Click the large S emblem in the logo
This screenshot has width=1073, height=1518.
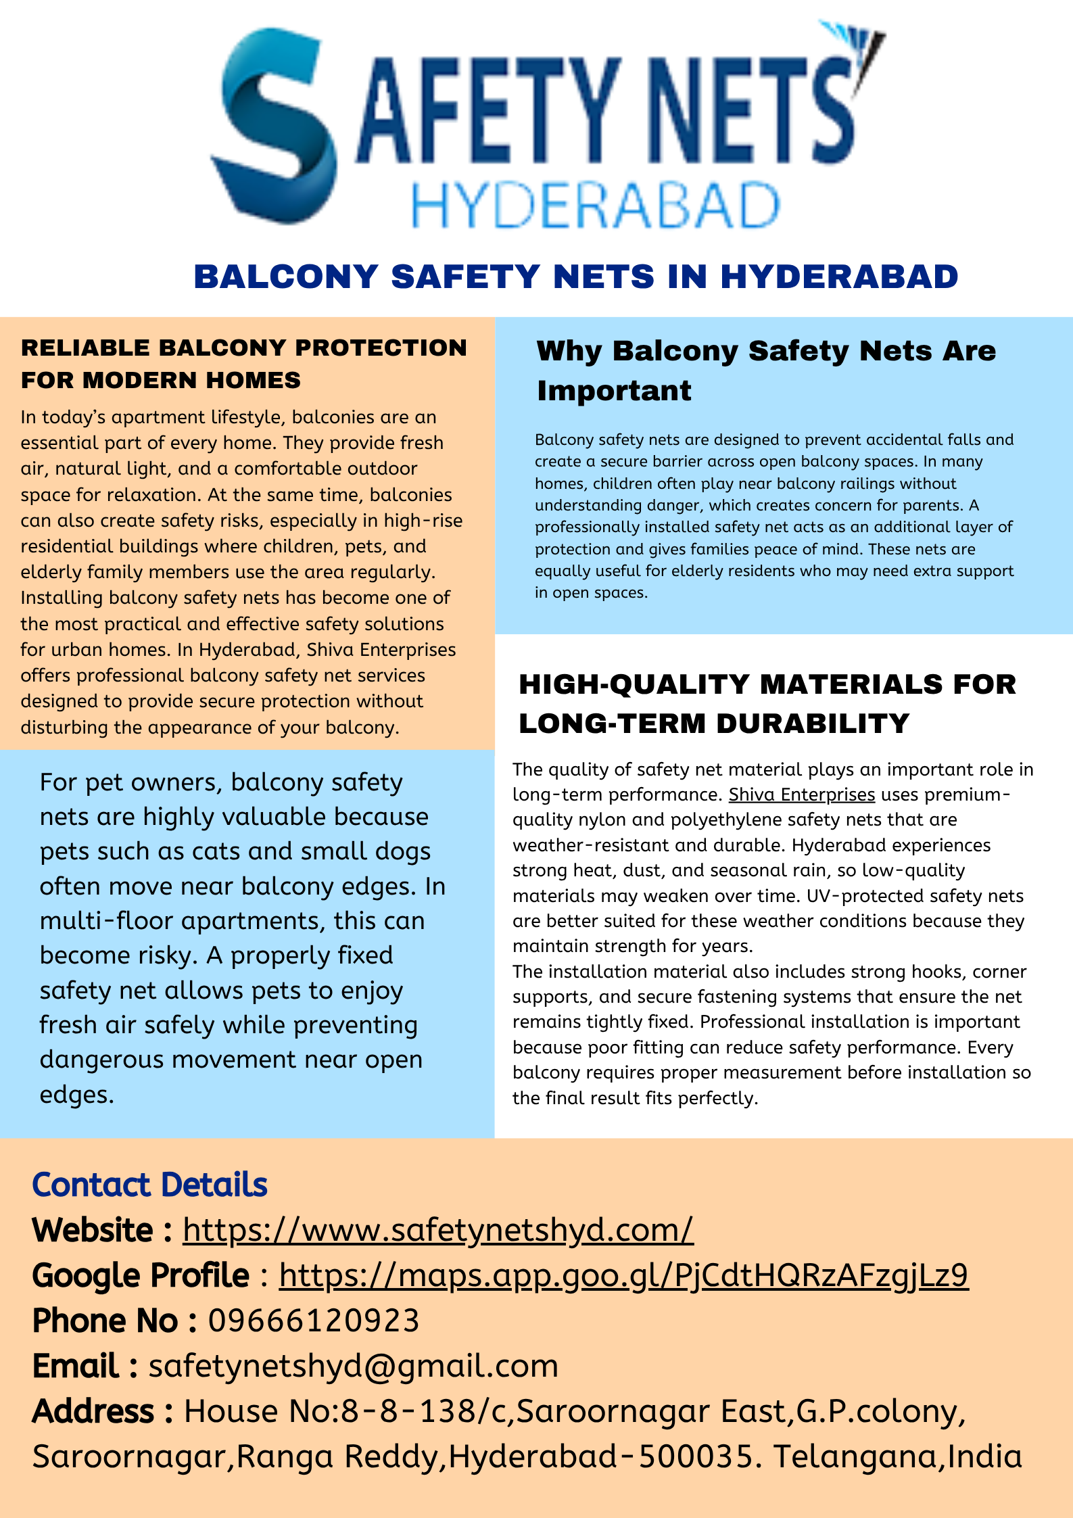pyautogui.click(x=274, y=125)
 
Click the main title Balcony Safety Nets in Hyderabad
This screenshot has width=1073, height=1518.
pyautogui.click(x=576, y=277)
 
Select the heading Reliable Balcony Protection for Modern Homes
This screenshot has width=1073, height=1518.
pyautogui.click(x=243, y=363)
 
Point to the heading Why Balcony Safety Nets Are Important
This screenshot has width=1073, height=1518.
pyautogui.click(x=765, y=370)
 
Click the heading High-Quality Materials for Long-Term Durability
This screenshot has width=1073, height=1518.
pyautogui.click(x=767, y=703)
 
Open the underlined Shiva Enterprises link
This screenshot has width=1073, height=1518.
pyautogui.click(x=801, y=794)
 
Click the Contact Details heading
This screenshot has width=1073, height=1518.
pyautogui.click(x=149, y=1185)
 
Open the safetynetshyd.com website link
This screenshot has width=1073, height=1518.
pyautogui.click(x=437, y=1230)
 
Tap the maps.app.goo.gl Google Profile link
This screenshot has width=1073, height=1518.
pyautogui.click(x=623, y=1275)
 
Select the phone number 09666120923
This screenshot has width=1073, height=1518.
pyautogui.click(x=314, y=1321)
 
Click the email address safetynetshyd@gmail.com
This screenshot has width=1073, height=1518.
pyautogui.click(x=353, y=1366)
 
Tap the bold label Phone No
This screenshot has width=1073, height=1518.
pyautogui.click(x=105, y=1321)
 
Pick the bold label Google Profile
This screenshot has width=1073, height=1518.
pyautogui.click(x=141, y=1275)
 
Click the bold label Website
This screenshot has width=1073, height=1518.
pyautogui.click(x=93, y=1230)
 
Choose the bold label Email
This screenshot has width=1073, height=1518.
pyautogui.click(x=76, y=1366)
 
